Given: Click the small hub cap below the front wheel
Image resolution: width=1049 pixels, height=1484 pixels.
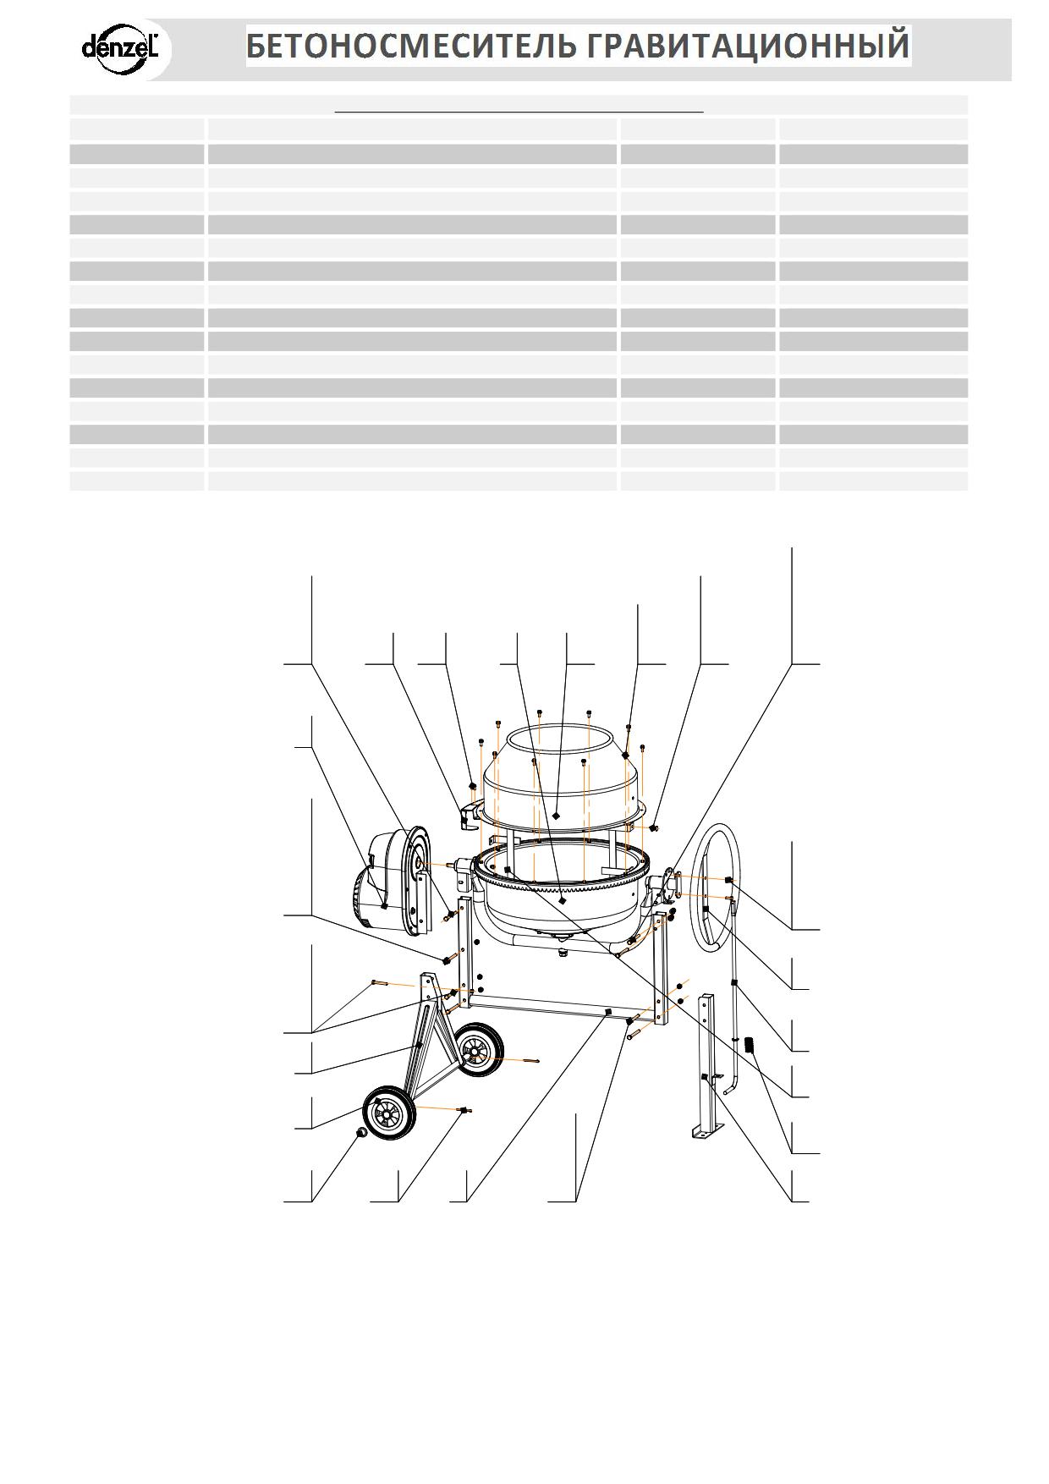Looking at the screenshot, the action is pyautogui.click(x=361, y=1133).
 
